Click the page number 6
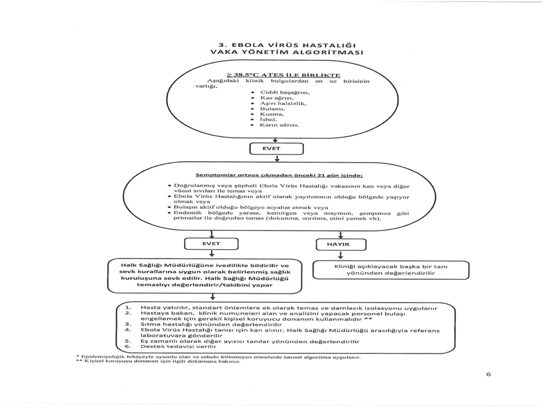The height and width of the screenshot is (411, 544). coord(488,373)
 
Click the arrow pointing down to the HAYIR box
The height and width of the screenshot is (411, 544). coord(340,234)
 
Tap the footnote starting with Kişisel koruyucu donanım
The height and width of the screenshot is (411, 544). coord(157,362)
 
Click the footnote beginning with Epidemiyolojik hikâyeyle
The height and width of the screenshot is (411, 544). coord(217,357)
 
